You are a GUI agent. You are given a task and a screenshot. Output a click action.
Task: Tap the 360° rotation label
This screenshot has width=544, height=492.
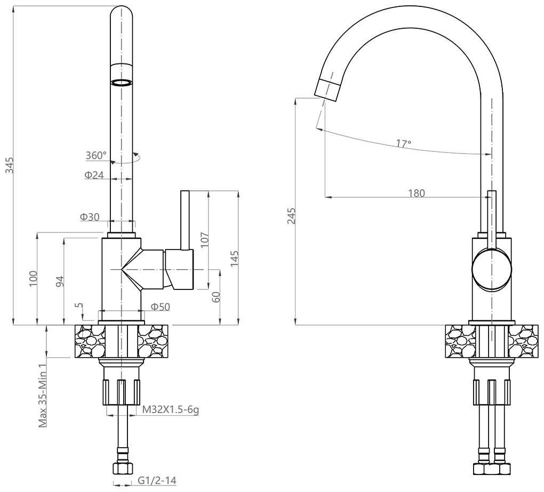click(x=96, y=155)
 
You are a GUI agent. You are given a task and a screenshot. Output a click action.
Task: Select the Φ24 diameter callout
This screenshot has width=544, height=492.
click(x=94, y=175)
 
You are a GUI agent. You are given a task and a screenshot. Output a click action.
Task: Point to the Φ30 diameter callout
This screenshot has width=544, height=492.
click(x=90, y=217)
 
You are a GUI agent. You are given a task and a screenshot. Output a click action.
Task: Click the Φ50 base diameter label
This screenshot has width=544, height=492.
click(x=161, y=307)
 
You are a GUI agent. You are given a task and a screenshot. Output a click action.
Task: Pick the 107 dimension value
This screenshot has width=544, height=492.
click(x=205, y=240)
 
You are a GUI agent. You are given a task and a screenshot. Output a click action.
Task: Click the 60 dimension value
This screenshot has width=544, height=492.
click(x=216, y=297)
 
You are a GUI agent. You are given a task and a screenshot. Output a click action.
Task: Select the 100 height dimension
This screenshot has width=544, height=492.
click(x=33, y=278)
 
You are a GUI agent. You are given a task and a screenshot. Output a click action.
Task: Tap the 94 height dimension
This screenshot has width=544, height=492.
click(x=60, y=281)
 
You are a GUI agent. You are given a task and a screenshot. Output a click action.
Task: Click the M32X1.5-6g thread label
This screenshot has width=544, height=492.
click(x=171, y=410)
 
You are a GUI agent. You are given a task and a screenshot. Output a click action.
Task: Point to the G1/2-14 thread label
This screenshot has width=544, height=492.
click(x=157, y=481)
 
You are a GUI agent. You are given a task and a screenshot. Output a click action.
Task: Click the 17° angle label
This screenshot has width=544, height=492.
click(x=404, y=143)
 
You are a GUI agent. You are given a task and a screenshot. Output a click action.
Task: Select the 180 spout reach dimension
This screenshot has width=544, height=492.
click(x=417, y=193)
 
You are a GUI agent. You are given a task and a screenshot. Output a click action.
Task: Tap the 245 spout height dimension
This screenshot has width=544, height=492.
click(x=292, y=216)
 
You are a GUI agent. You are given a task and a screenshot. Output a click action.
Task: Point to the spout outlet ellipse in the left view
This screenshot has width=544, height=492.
click(x=122, y=83)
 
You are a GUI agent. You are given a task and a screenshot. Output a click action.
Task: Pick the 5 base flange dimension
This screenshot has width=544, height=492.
click(x=80, y=305)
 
